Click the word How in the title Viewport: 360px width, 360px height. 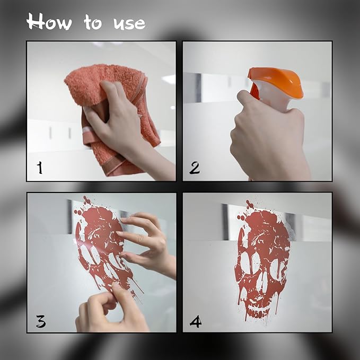[49, 22]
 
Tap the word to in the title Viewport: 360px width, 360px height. [93, 22]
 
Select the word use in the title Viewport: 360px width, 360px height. [129, 24]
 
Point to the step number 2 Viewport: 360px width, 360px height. [195, 168]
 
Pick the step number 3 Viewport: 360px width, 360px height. [41, 321]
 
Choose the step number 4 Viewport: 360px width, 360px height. [196, 321]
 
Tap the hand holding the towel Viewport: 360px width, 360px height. [119, 117]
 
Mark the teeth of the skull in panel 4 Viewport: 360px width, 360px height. [258, 313]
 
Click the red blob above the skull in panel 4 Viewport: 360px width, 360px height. [250, 204]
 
